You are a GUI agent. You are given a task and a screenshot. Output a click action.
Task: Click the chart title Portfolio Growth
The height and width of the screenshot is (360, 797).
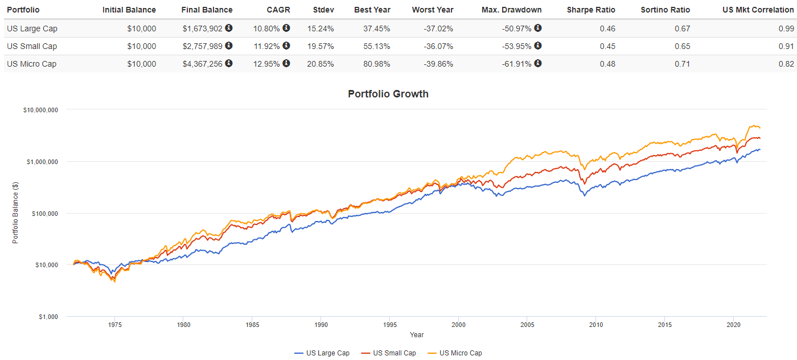click(x=388, y=94)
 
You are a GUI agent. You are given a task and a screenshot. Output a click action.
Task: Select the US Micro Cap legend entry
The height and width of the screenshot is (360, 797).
click(x=460, y=353)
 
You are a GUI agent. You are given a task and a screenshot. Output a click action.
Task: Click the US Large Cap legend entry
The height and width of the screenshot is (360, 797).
click(x=327, y=353)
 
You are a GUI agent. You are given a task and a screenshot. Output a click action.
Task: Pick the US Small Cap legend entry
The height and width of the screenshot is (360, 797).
click(x=394, y=353)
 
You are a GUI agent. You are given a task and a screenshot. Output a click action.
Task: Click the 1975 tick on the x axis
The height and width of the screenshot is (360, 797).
click(x=114, y=325)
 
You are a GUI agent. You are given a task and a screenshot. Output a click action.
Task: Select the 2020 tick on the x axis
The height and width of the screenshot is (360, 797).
click(x=733, y=325)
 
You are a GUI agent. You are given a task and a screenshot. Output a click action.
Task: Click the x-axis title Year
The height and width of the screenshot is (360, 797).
click(x=416, y=335)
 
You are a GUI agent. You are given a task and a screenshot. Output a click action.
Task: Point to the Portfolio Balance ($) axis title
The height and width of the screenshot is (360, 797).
click(x=15, y=213)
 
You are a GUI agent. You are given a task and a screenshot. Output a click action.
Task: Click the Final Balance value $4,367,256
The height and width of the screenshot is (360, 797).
click(x=202, y=64)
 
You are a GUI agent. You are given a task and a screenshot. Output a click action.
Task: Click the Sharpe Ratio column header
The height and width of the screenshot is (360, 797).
click(x=591, y=10)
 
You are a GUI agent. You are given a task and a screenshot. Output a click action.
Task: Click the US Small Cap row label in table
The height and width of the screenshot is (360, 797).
click(x=32, y=46)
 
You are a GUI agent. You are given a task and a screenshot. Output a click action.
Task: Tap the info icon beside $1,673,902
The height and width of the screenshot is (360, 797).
click(x=228, y=28)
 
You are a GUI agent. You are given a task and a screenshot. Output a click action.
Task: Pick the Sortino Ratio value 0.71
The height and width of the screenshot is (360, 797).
click(x=682, y=64)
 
